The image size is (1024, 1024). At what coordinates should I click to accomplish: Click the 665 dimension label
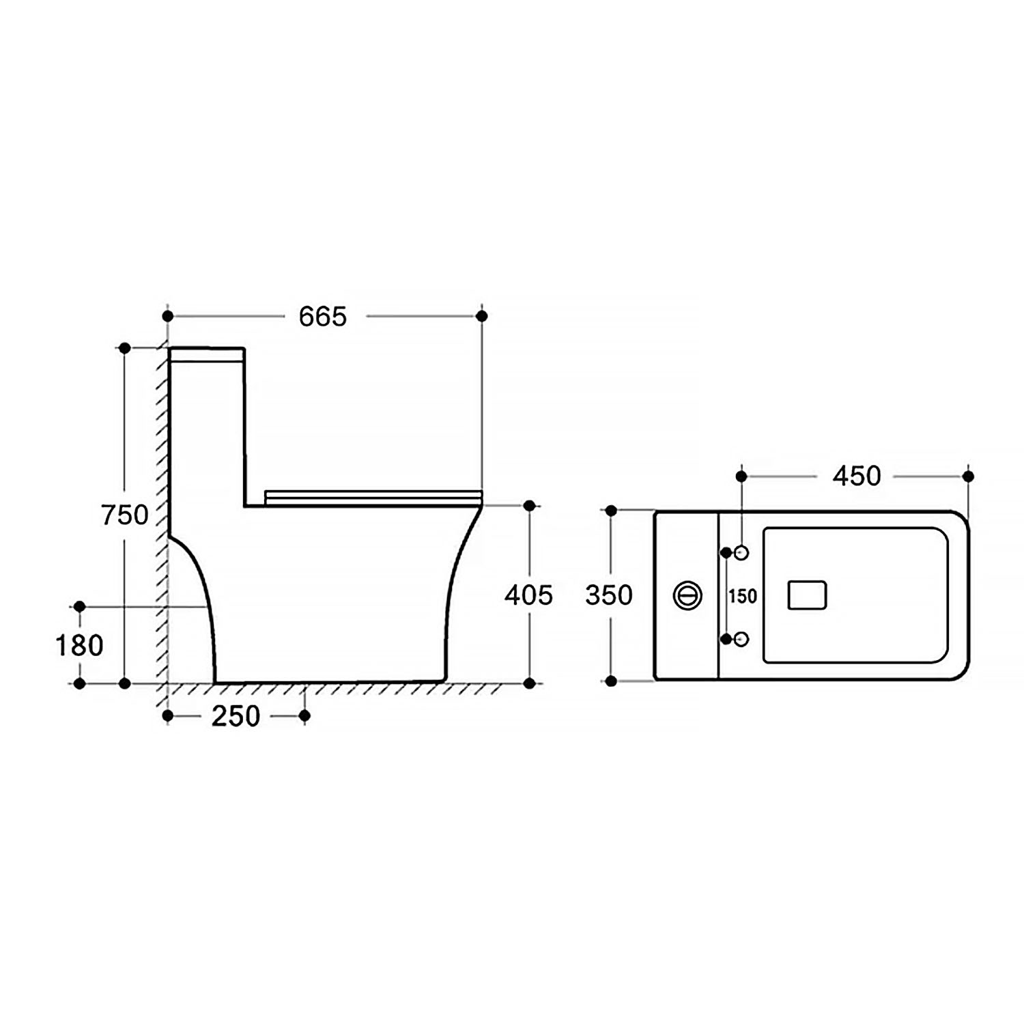323,316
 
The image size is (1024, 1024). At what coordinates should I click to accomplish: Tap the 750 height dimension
125,515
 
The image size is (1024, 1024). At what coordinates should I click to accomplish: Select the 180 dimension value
79,645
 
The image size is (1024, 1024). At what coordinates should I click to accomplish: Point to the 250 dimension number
236,716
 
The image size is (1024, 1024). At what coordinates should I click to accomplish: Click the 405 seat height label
528,595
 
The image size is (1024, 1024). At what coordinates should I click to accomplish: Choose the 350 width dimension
609,595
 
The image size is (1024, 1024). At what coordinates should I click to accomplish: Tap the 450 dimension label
857,476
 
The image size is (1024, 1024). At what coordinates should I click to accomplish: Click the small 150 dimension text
742,597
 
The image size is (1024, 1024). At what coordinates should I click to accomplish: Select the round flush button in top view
687,595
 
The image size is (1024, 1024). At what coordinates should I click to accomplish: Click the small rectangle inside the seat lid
807,595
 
